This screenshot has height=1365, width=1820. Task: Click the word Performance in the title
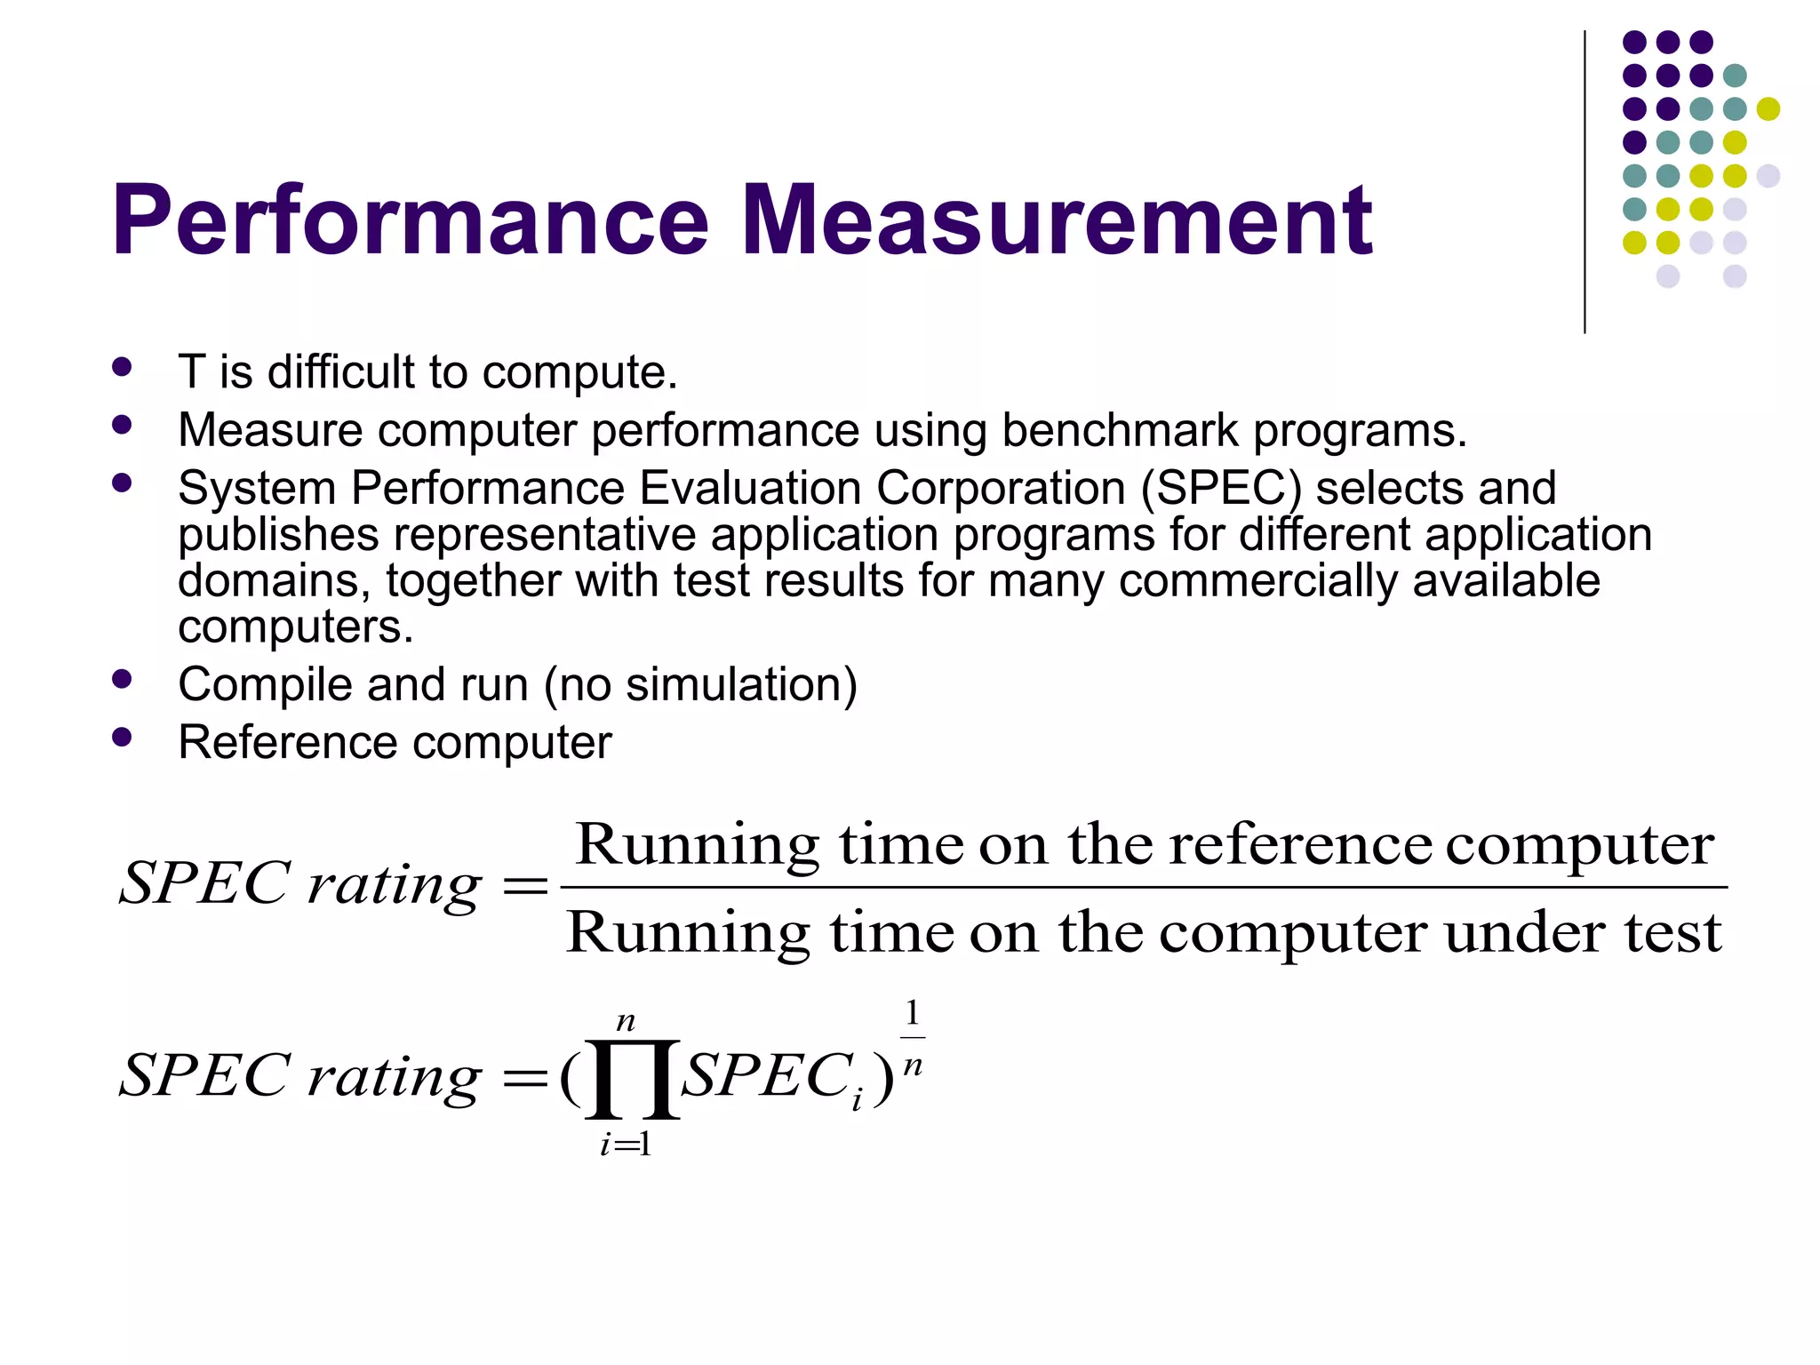coord(410,220)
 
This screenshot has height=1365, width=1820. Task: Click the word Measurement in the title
coord(1057,220)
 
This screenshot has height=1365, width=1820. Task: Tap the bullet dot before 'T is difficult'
coord(123,367)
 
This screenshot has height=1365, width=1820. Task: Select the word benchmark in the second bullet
coord(1120,430)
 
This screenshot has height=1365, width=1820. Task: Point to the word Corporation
coord(1000,488)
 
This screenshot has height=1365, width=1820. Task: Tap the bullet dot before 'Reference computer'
coord(123,737)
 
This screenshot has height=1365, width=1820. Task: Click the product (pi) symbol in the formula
coord(632,1078)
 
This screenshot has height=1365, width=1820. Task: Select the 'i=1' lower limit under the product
coord(626,1145)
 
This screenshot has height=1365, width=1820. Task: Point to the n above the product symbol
coord(626,1022)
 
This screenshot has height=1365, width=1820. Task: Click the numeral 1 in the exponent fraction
coord(912,1013)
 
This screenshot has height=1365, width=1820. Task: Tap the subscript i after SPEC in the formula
coord(857,1102)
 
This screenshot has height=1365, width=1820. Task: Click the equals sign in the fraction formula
coord(525,885)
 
